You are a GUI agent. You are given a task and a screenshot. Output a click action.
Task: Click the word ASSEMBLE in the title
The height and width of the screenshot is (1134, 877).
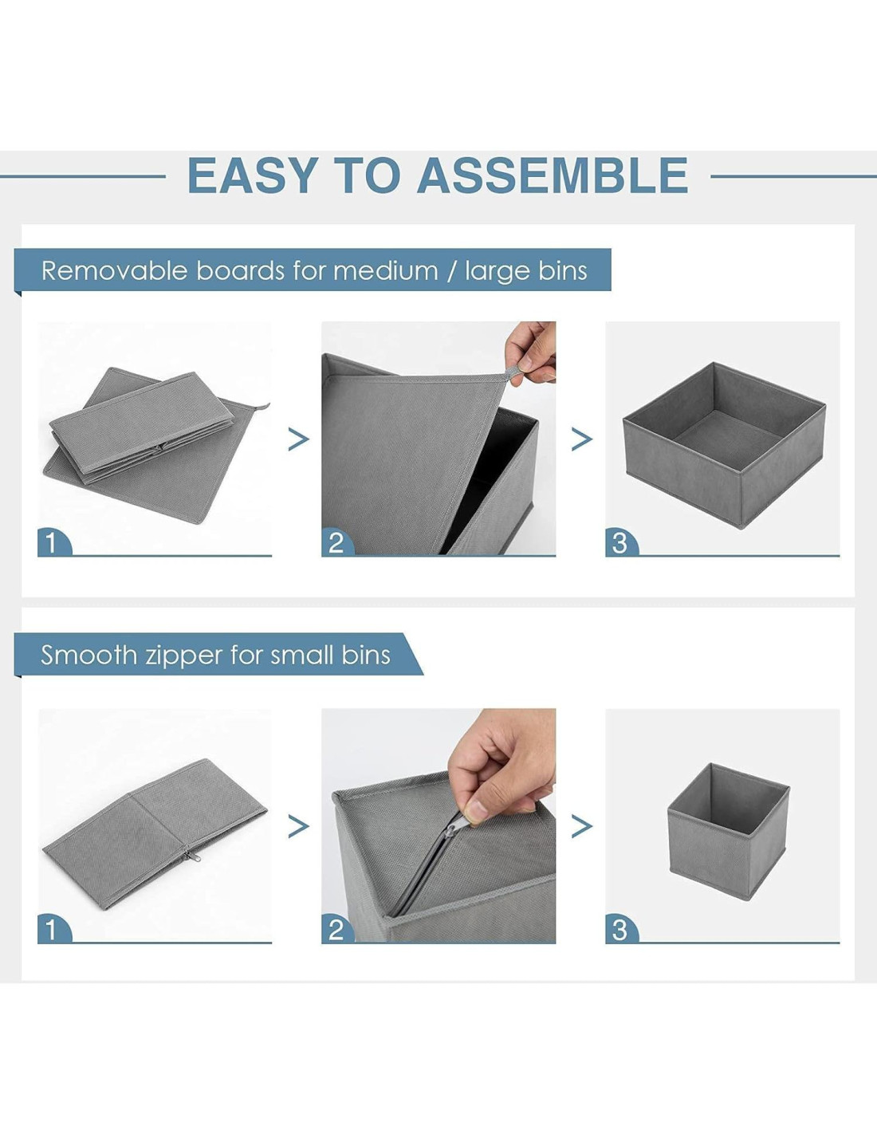pyautogui.click(x=553, y=175)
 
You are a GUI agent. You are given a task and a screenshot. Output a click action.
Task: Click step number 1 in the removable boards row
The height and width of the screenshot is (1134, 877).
pyautogui.click(x=51, y=543)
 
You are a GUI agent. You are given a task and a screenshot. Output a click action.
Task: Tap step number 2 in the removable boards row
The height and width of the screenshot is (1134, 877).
pyautogui.click(x=336, y=543)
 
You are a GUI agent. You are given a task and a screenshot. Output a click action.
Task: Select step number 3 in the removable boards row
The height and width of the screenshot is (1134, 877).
pyautogui.click(x=619, y=543)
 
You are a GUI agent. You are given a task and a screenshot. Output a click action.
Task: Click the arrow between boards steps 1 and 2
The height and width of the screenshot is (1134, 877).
pyautogui.click(x=298, y=440)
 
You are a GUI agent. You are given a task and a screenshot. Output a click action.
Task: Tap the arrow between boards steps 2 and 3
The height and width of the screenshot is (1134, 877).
pyautogui.click(x=582, y=440)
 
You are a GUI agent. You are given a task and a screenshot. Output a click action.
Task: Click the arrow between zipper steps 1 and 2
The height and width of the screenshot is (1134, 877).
pyautogui.click(x=298, y=827)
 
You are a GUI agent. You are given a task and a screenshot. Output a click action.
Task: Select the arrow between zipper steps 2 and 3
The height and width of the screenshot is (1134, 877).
pyautogui.click(x=582, y=827)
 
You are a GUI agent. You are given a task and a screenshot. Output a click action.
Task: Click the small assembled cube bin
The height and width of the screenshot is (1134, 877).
pyautogui.click(x=728, y=825)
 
